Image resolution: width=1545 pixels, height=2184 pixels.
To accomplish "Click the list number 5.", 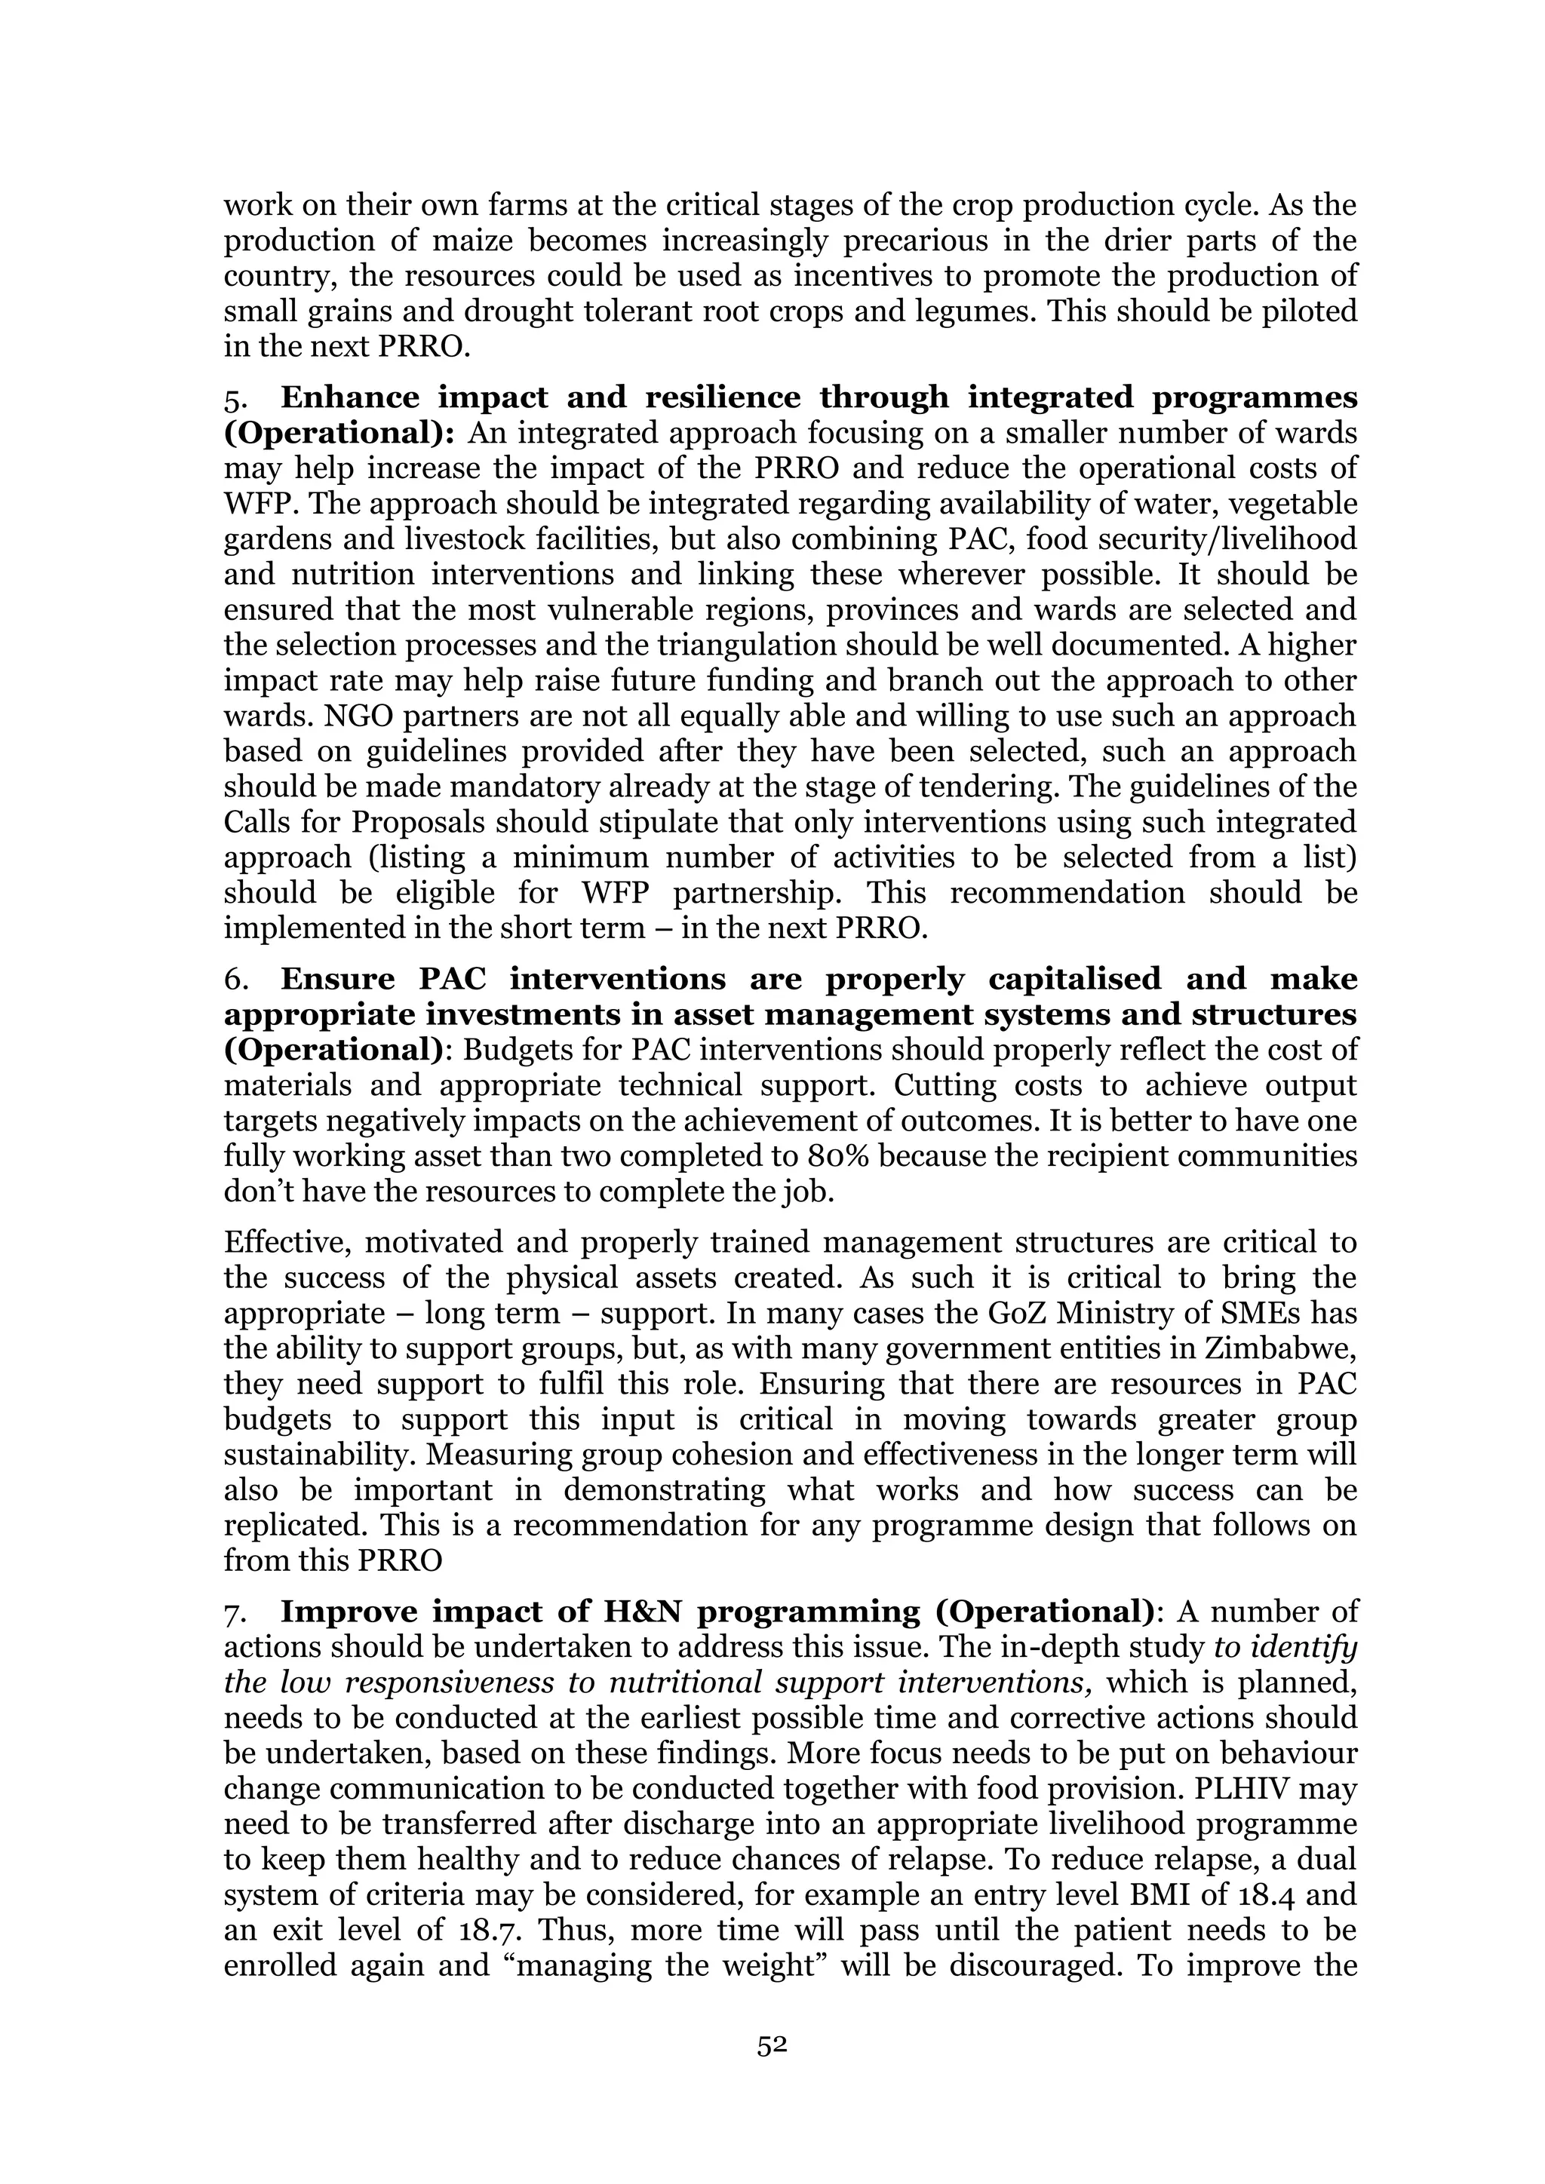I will pyautogui.click(x=234, y=398).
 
